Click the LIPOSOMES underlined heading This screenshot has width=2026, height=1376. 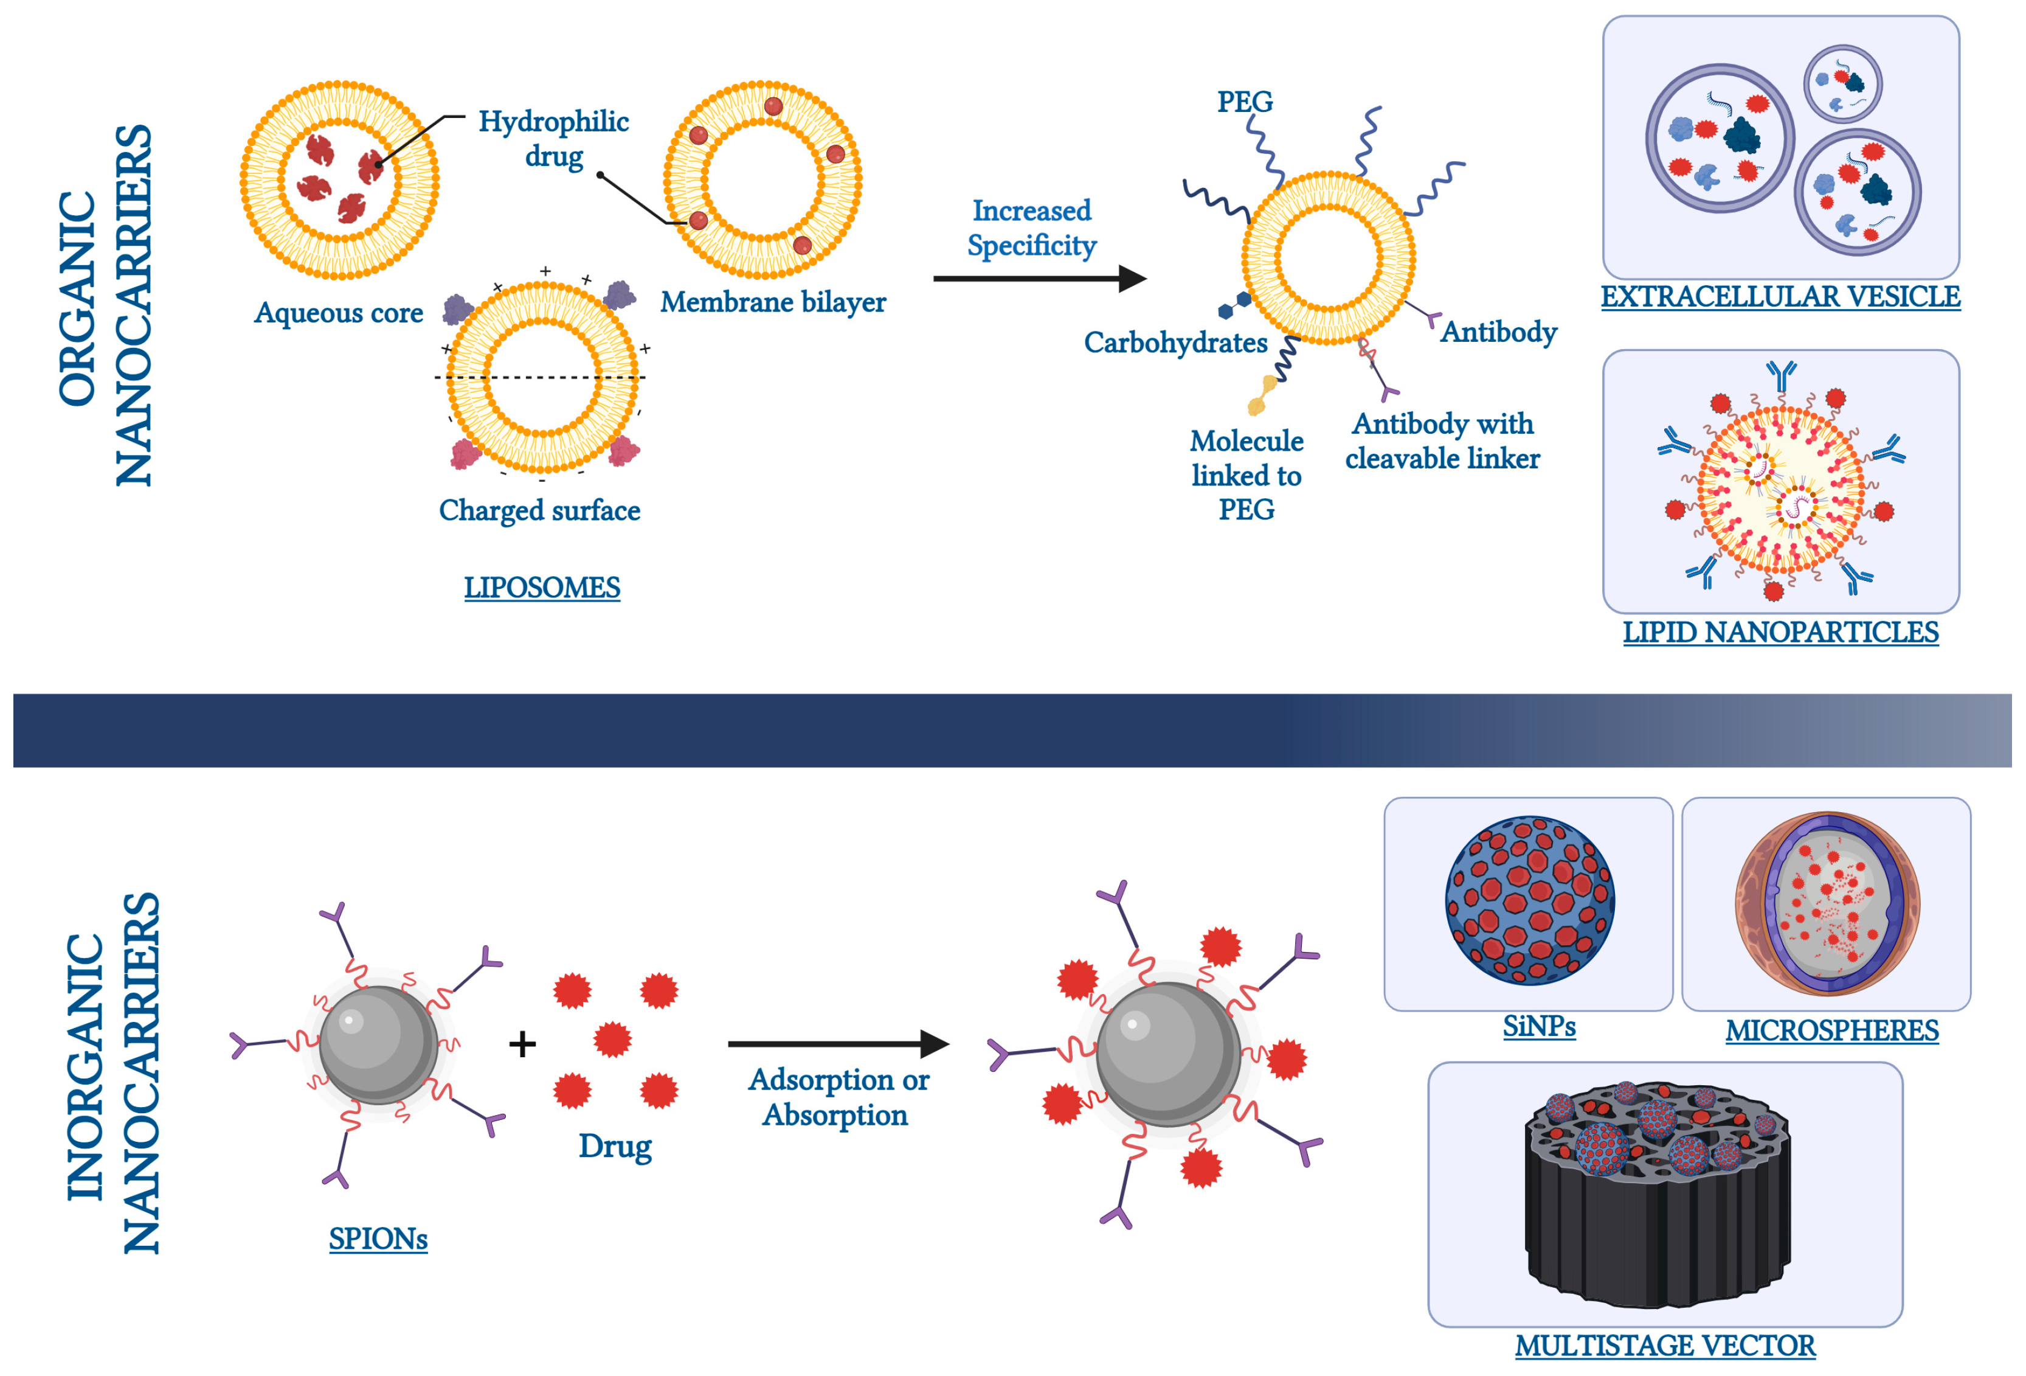pos(541,588)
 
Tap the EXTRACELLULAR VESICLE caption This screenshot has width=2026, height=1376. pos(1780,296)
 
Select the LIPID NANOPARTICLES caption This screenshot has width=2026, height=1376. pos(1780,631)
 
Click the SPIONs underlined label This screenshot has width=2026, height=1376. pos(378,1239)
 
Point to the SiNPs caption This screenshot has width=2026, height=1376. pos(1539,1026)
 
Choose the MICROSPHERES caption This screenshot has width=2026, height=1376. pos(1831,1030)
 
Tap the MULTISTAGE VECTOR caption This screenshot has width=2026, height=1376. pos(1664,1346)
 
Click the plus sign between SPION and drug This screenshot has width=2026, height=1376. pos(522,1044)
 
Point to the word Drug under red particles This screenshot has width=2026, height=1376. pos(615,1146)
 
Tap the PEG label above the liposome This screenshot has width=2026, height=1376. pos(1245,102)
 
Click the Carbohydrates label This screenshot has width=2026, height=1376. pos(1175,342)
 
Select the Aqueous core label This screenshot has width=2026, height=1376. pos(338,312)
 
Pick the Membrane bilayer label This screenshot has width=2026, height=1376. pos(772,302)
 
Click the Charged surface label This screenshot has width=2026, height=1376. pos(539,510)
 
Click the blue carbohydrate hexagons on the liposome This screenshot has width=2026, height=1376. pos(1234,305)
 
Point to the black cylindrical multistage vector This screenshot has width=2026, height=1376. pos(1656,1212)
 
